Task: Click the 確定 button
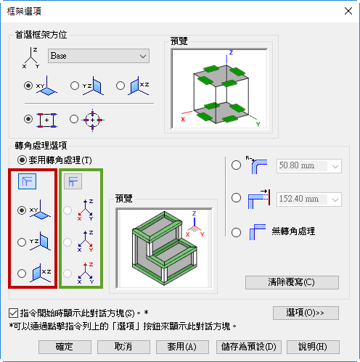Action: point(65,347)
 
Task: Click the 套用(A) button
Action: point(182,347)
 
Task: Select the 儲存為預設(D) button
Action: point(249,347)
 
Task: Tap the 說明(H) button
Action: point(313,347)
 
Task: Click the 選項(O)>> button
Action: point(306,313)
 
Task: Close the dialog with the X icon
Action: point(348,11)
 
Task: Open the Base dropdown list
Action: point(99,56)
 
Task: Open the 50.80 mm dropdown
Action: point(309,166)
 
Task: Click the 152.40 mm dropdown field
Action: point(309,199)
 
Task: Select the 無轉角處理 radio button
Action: point(236,232)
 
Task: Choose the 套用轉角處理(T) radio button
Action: point(22,160)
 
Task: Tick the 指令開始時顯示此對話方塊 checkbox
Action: point(13,313)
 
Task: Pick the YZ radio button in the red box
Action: point(22,242)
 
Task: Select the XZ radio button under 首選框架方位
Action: point(120,86)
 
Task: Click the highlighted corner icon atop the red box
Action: point(28,181)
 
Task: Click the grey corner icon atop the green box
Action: point(73,181)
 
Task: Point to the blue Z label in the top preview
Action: point(231,52)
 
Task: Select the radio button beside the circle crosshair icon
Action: point(74,119)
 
